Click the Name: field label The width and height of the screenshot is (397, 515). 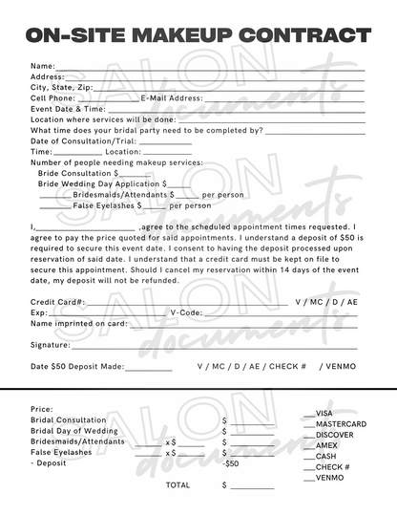coord(43,66)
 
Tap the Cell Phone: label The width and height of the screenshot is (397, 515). coord(52,97)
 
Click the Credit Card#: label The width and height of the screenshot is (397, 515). coord(57,301)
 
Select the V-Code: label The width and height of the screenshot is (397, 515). coord(185,312)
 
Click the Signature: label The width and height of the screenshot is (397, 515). coord(50,344)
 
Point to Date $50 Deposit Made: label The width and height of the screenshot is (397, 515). coord(76,366)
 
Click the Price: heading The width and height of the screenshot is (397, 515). coord(42,409)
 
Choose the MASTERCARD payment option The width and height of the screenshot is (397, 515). coord(341,423)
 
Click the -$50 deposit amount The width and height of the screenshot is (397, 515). coord(230,463)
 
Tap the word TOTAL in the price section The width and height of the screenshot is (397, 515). coord(178,484)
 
